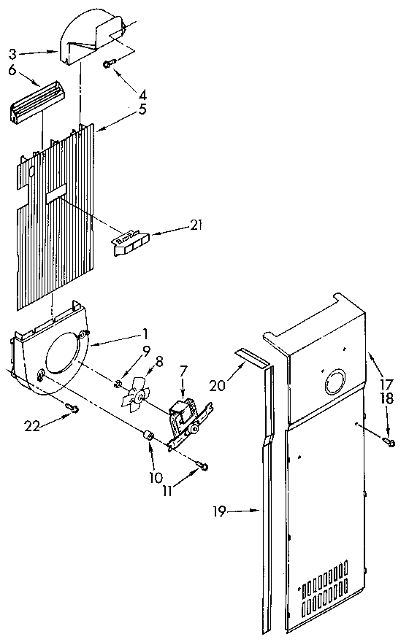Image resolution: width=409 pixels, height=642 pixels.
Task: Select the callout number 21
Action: pyautogui.click(x=194, y=226)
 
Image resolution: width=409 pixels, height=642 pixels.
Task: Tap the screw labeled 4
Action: pyautogui.click(x=108, y=65)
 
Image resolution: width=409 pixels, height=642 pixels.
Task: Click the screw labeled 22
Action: pyautogui.click(x=71, y=407)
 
